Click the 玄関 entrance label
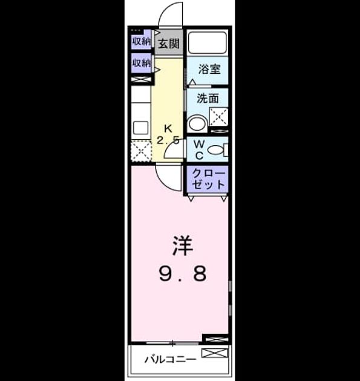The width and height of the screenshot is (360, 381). point(169,44)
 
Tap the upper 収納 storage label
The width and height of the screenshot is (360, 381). point(141,42)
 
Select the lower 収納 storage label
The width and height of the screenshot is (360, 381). point(141,63)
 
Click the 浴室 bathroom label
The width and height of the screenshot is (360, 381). point(209,69)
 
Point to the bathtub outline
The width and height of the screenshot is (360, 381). point(208,43)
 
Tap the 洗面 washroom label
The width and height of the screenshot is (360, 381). point(208,99)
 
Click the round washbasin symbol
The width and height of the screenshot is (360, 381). point(197,123)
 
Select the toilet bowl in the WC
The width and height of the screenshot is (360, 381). point(215,150)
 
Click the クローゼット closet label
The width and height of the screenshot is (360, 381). point(208,179)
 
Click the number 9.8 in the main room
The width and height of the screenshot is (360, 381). point(183,273)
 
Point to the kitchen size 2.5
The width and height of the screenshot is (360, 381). point(168,140)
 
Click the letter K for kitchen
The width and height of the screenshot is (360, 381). point(168,128)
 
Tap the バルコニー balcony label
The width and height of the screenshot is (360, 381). point(170,359)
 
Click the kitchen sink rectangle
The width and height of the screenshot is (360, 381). point(141,128)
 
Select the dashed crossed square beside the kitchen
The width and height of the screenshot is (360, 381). point(141,151)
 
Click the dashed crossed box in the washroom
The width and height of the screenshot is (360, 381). point(219,117)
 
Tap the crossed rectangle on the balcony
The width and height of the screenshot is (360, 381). point(215,353)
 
